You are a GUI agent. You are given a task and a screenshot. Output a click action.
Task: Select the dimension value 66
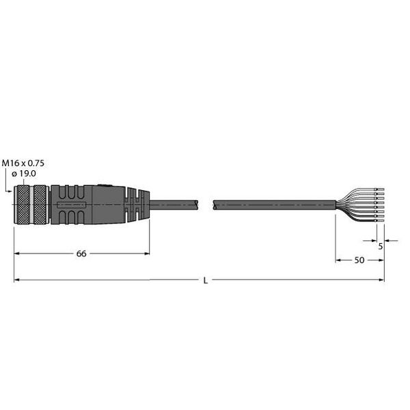pos(81,254)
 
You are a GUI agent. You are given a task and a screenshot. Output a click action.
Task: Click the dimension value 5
pos(380,247)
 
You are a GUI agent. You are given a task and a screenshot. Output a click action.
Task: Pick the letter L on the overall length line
pos(205,280)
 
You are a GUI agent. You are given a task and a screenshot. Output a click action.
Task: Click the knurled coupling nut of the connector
pos(31,204)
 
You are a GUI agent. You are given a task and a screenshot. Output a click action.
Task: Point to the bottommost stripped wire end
pos(381,222)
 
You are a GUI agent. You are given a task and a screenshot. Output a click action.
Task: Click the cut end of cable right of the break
pos(215,203)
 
